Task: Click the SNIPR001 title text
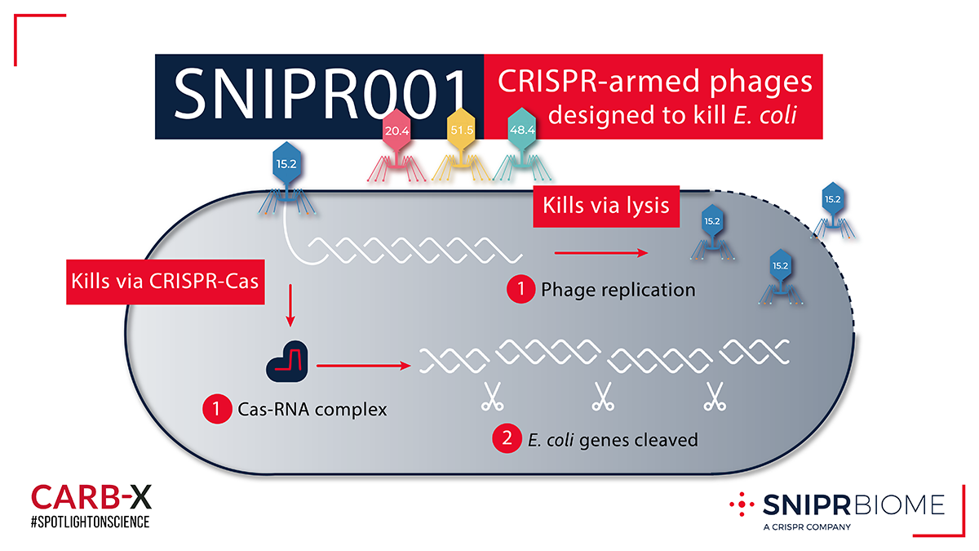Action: tap(320, 95)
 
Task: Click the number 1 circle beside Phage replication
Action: tap(520, 290)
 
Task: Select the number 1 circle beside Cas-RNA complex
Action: tap(215, 409)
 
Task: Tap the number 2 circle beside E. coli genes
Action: tap(503, 440)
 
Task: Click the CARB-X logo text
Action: tap(91, 496)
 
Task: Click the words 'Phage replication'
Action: tap(618, 290)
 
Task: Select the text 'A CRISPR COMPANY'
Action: tap(807, 527)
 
